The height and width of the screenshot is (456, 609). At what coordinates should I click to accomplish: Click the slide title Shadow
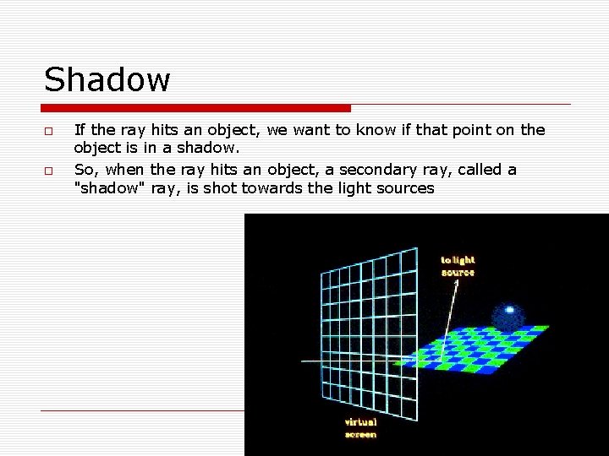107,80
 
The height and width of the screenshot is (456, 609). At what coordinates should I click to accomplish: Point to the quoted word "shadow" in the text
111,187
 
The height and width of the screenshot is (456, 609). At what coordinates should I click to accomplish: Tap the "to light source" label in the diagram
458,266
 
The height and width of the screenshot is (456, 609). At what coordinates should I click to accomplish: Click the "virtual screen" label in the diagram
361,428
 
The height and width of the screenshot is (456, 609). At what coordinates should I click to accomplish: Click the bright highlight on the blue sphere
510,310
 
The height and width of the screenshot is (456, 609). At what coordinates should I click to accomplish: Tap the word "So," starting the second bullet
87,170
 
